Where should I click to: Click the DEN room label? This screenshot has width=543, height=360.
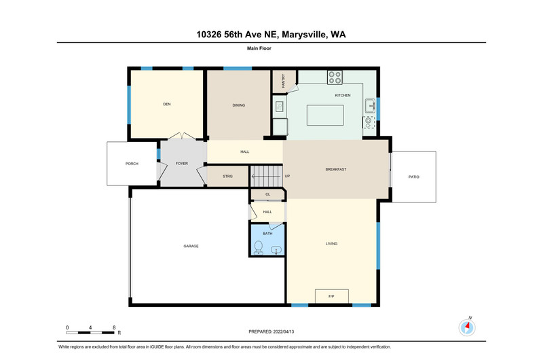tap(167, 104)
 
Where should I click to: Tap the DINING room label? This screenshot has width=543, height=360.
tap(239, 105)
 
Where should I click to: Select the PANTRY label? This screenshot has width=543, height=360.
tap(283, 81)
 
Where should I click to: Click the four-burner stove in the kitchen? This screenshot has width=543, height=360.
tap(335, 77)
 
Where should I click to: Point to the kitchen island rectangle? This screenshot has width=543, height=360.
tap(325, 115)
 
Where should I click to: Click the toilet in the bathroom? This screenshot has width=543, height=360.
tap(259, 248)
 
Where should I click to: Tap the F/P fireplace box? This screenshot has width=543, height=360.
tap(332, 296)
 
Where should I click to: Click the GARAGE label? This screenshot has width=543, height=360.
tap(191, 246)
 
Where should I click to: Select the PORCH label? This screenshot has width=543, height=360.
tap(132, 164)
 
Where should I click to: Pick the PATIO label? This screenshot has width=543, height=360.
tap(414, 177)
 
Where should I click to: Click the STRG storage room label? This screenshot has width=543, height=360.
tap(227, 177)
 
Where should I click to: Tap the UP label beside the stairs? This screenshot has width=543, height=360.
tap(287, 176)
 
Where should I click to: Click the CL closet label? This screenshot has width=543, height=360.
tap(267, 194)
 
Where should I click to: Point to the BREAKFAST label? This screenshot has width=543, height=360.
tap(336, 169)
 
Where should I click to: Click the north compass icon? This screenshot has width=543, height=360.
tap(467, 327)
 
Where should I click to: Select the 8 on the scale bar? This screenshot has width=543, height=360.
tap(114, 327)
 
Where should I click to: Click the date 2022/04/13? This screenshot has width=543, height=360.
tap(284, 331)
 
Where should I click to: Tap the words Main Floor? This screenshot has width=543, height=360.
tap(259, 48)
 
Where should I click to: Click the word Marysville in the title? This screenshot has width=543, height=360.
tap(304, 35)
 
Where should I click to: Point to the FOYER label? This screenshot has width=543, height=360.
tap(182, 164)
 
